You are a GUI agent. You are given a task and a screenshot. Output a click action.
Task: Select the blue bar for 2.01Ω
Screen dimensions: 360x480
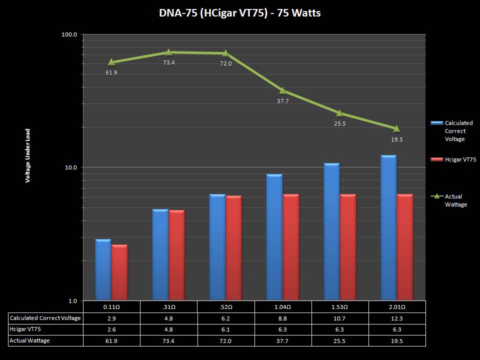point(388,227)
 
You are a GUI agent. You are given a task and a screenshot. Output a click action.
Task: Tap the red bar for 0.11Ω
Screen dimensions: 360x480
point(119,272)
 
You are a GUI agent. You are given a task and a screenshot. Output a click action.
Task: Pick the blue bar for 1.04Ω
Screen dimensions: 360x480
point(274,237)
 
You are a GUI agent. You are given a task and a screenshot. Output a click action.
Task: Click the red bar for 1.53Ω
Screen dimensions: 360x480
point(347,247)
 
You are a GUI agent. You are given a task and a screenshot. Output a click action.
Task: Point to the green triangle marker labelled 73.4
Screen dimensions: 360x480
point(168,52)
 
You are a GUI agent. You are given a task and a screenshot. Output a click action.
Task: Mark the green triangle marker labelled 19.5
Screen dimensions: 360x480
point(396,128)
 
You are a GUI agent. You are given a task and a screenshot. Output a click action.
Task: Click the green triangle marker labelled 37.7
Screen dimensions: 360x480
point(282,90)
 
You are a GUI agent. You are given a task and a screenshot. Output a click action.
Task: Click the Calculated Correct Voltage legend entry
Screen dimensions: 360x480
point(458,131)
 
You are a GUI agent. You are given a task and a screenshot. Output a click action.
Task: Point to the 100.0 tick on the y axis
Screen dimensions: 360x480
point(68,34)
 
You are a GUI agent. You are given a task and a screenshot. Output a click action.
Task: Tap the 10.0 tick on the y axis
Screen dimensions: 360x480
point(70,167)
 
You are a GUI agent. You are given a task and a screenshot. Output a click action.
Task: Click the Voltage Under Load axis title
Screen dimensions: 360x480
point(28,155)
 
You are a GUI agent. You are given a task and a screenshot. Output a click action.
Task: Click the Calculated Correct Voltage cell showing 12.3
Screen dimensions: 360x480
point(397,318)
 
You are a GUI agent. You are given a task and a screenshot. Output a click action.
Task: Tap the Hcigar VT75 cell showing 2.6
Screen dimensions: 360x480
point(111,329)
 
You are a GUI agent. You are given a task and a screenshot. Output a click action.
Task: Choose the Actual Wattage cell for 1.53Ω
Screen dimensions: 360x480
point(340,340)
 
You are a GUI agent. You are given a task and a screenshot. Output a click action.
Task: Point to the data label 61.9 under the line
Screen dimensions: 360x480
point(111,72)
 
